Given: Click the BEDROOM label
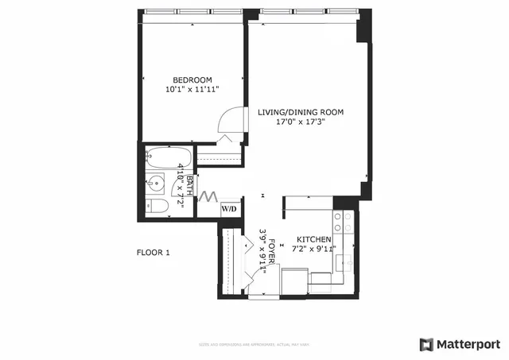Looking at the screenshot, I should pyautogui.click(x=193, y=79).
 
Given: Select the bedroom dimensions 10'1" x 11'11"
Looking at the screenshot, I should pyautogui.click(x=193, y=90).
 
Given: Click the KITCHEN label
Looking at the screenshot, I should pyautogui.click(x=314, y=239).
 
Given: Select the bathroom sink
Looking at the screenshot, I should pyautogui.click(x=156, y=184).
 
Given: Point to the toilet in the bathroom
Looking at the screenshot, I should pyautogui.click(x=157, y=207).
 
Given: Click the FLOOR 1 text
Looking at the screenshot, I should pyautogui.click(x=154, y=253).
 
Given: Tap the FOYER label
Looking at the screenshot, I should pyautogui.click(x=272, y=253).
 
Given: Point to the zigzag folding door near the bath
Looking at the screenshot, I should pyautogui.click(x=208, y=195).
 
